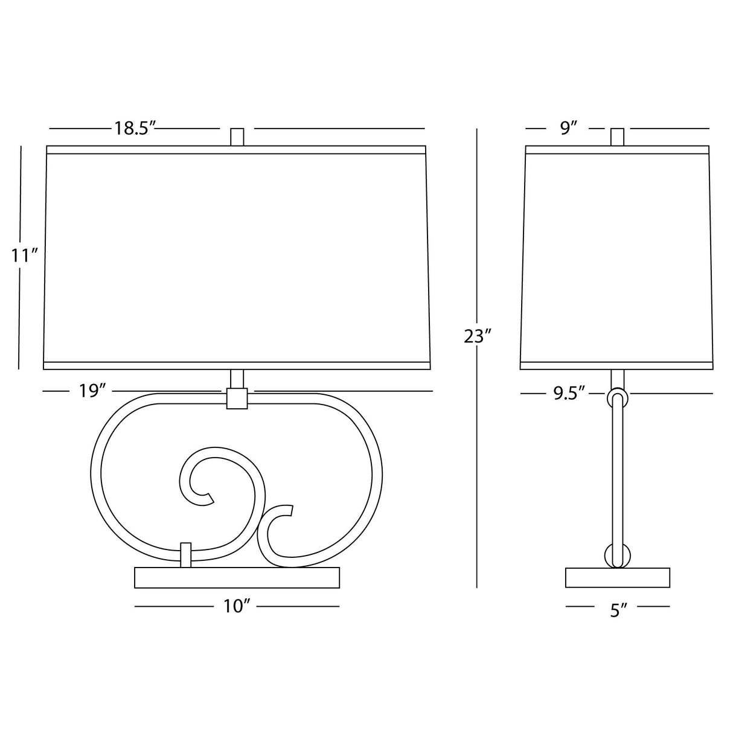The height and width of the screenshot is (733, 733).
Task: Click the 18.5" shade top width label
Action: pos(135,129)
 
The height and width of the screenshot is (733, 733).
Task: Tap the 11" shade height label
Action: pos(24,255)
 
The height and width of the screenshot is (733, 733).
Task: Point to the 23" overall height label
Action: pos(478,336)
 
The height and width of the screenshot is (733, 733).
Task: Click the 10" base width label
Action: pos(236,606)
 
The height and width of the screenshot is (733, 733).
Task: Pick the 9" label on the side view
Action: pos(568,129)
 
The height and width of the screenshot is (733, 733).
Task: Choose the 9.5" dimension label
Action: pos(569,393)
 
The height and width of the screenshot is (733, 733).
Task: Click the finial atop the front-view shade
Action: pos(237,137)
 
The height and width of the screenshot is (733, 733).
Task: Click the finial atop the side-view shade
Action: pos(617,137)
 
